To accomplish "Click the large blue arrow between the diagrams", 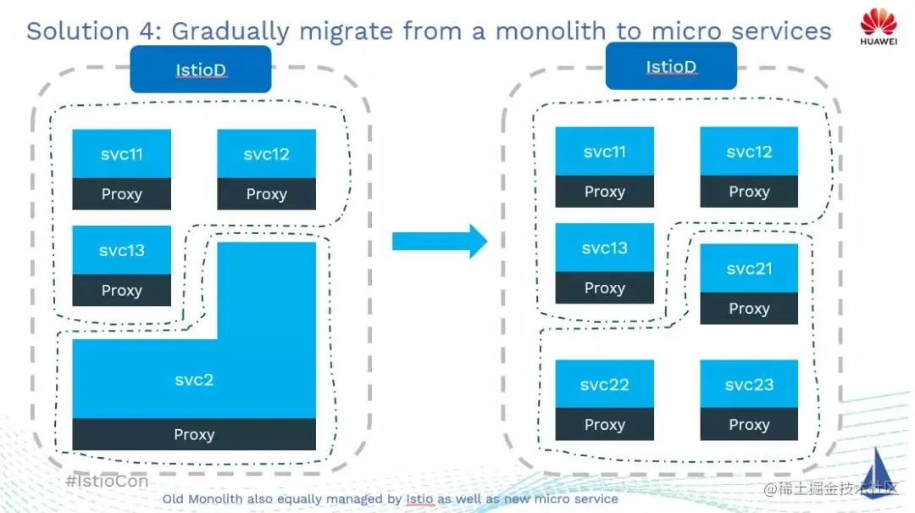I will (439, 242).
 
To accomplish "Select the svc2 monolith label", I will (194, 380).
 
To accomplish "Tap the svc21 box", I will (749, 269).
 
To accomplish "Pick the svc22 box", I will (604, 384).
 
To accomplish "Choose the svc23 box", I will (749, 384).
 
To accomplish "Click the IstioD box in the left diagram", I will (201, 70).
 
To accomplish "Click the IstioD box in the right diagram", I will (671, 66).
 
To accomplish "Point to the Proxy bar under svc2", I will (194, 434).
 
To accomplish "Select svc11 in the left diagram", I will (121, 153).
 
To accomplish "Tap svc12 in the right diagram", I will (749, 152).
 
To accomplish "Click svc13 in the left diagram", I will (121, 250).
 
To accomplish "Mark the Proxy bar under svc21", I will (749, 309).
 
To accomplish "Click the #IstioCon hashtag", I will (107, 481).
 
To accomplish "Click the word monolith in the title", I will (550, 31).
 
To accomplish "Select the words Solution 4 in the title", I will (93, 31).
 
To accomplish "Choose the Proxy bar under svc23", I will (749, 424).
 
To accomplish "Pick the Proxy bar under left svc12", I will (266, 194).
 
